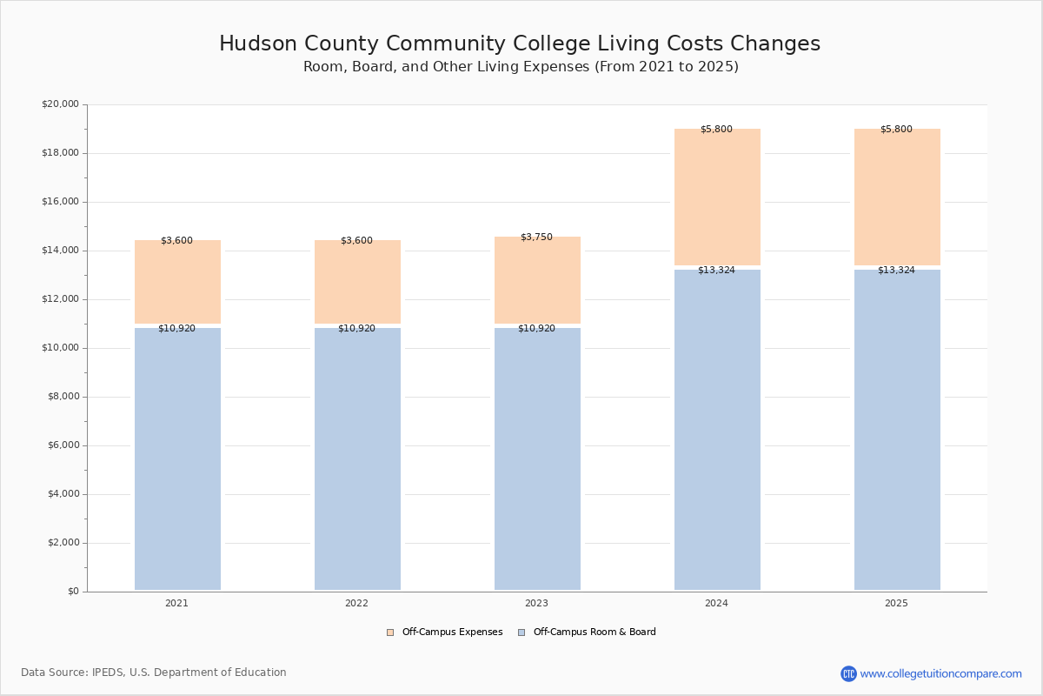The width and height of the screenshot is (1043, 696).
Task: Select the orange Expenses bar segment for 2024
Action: (717, 197)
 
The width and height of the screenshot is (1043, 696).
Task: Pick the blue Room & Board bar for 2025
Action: (897, 430)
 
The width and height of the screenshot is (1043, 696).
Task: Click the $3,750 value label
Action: (536, 237)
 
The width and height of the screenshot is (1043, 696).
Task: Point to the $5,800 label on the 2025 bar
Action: (896, 129)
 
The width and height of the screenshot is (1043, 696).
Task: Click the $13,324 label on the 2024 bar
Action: (716, 270)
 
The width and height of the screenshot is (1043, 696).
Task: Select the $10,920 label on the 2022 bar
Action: (356, 328)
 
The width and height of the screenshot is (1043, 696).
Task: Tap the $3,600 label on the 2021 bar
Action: (176, 240)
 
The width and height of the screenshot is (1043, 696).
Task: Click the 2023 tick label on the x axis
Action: (536, 603)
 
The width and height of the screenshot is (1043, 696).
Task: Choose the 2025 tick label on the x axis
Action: (896, 603)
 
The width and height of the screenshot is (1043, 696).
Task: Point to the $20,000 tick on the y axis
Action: (60, 104)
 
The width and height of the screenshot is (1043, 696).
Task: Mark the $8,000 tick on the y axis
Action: (63, 397)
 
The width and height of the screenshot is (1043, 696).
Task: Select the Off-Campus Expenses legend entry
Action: (445, 632)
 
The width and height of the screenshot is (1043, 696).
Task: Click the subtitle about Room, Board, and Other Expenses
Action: (521, 67)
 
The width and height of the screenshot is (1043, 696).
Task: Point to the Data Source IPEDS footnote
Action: (154, 673)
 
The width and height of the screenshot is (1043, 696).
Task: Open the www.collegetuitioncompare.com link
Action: (940, 673)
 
